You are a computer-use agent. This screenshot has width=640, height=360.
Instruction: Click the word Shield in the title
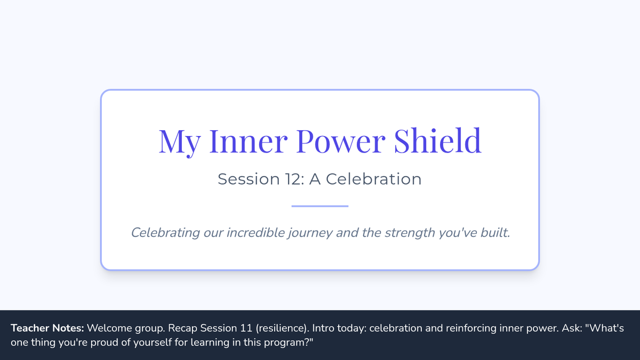tap(438, 141)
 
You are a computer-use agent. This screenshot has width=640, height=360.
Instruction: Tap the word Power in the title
tap(341, 141)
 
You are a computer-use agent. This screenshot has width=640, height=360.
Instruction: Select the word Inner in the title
tap(249, 141)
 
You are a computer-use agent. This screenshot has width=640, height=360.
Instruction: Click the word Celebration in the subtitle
tap(374, 179)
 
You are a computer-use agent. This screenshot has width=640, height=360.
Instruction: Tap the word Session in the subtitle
tap(249, 179)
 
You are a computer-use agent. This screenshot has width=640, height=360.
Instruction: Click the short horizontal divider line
tap(320, 206)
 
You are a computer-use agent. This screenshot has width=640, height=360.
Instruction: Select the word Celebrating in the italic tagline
tap(165, 233)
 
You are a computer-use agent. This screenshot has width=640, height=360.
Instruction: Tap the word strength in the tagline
tap(410, 233)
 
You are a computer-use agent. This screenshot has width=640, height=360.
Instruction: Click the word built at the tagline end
tap(495, 233)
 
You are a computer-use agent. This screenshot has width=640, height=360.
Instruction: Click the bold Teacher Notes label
tap(47, 328)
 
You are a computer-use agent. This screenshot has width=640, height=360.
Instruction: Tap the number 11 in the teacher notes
tap(246, 329)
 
